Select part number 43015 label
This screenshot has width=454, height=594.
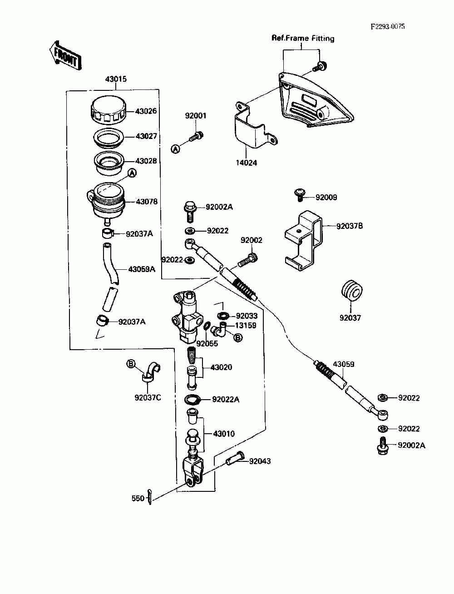pyautogui.click(x=116, y=79)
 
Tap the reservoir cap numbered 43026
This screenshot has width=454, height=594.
pyautogui.click(x=109, y=111)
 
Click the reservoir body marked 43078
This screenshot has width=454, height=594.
pyautogui.click(x=106, y=202)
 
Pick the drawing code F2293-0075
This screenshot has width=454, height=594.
pyautogui.click(x=388, y=26)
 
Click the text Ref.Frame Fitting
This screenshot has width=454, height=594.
pyautogui.click(x=303, y=38)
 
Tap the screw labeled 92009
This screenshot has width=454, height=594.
pyautogui.click(x=300, y=194)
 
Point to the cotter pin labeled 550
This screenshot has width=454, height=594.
pyautogui.click(x=150, y=497)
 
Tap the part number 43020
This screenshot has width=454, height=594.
pyautogui.click(x=221, y=367)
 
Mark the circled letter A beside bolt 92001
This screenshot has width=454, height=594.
pyautogui.click(x=175, y=149)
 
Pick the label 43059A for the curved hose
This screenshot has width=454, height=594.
pyautogui.click(x=142, y=269)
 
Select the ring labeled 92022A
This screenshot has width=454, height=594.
pyautogui.click(x=192, y=399)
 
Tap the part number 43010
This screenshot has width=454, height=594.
pyautogui.click(x=224, y=434)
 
